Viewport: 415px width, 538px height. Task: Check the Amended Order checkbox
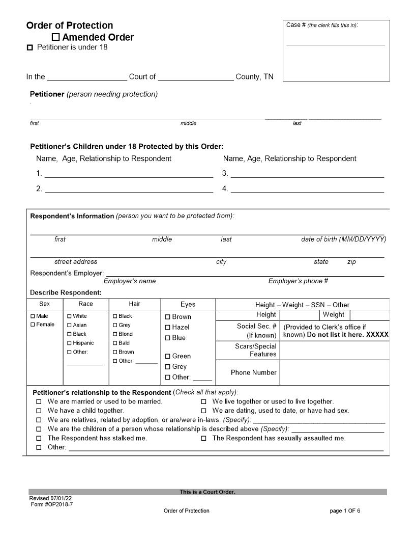click(56, 37)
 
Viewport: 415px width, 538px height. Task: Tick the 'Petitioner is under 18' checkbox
click(29, 48)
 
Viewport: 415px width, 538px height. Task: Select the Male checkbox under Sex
click(33, 316)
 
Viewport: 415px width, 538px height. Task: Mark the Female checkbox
click(33, 325)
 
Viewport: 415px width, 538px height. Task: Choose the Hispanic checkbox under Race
click(70, 343)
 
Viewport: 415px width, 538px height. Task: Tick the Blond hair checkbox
click(115, 334)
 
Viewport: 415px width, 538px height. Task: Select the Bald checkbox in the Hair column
click(115, 343)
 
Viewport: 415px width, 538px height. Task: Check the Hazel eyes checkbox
click(168, 328)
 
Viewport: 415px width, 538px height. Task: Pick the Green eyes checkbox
click(168, 357)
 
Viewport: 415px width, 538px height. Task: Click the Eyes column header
click(188, 304)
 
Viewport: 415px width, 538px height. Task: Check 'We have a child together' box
click(39, 411)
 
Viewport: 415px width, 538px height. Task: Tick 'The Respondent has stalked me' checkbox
click(39, 438)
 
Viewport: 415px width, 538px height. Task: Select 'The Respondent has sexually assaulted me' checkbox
click(203, 438)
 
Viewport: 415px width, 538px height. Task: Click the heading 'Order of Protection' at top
click(70, 25)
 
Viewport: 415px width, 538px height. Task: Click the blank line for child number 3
click(307, 174)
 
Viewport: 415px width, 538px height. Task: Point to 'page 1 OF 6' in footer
click(345, 510)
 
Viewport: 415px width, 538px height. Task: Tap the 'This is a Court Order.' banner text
click(207, 492)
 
